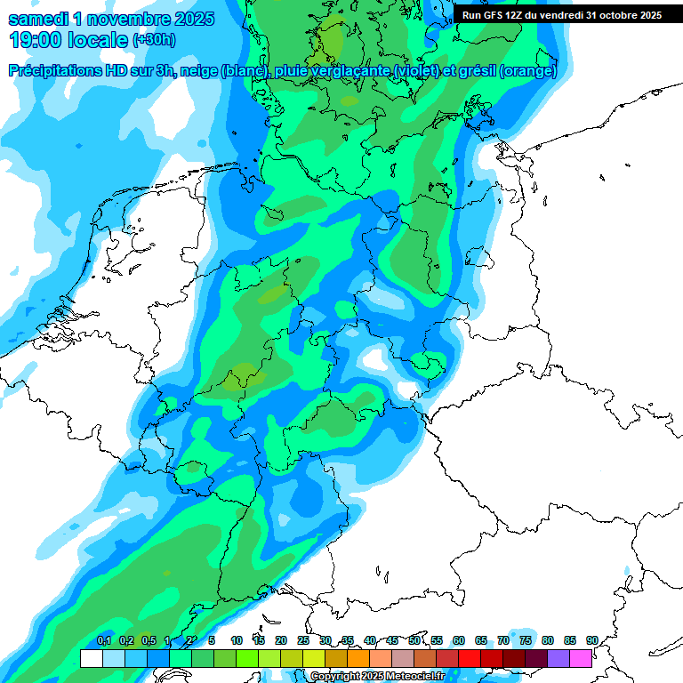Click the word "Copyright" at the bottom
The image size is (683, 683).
[x=333, y=677]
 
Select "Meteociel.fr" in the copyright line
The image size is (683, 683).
[x=414, y=677]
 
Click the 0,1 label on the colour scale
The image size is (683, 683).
[x=103, y=640]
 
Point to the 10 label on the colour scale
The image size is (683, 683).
[x=237, y=640]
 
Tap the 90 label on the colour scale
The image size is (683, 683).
[x=591, y=640]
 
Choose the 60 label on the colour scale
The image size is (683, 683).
[x=459, y=640]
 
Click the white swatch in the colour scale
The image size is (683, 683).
[x=91, y=658]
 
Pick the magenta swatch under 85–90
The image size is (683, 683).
[x=581, y=658]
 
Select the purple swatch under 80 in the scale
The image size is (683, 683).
[x=558, y=658]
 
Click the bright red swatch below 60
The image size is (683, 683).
[x=470, y=658]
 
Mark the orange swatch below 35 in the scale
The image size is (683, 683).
[x=358, y=658]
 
